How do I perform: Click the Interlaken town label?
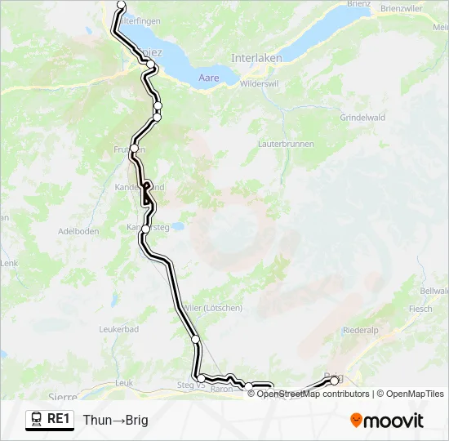[x=256, y=58]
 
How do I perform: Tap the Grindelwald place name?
[x=362, y=118]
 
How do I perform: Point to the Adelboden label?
[x=78, y=231]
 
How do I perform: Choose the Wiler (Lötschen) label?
[x=214, y=308]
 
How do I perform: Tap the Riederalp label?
[x=361, y=331]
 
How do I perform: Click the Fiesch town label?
[x=420, y=310]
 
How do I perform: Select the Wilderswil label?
[x=260, y=83]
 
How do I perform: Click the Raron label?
[x=221, y=390]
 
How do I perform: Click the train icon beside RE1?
[x=37, y=420]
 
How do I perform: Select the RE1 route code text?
[x=60, y=420]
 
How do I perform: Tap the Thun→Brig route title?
[x=115, y=420]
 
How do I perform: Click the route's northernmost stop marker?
[x=122, y=5]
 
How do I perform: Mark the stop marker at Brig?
[x=334, y=381]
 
